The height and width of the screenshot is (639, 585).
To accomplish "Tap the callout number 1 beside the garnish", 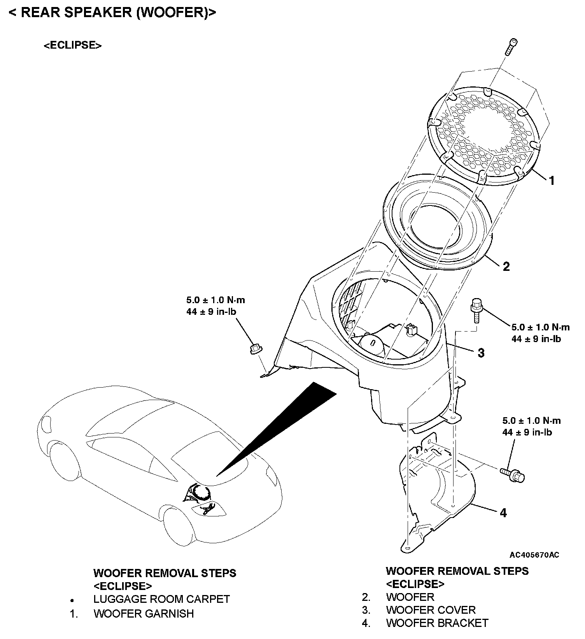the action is (x=551, y=181).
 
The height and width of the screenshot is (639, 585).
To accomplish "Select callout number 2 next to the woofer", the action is (x=506, y=267).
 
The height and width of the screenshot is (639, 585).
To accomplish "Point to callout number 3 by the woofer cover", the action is (x=481, y=353).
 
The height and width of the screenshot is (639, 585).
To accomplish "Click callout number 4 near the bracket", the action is (x=503, y=513).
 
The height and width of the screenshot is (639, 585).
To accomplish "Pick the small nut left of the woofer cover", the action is (x=256, y=349).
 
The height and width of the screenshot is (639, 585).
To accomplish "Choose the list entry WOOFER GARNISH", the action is (x=144, y=614).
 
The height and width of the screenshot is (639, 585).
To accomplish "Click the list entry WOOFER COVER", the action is (x=431, y=610).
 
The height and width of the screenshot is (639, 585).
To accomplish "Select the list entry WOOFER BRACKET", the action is (x=437, y=623).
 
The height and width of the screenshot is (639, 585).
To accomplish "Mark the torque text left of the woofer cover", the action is (x=215, y=305).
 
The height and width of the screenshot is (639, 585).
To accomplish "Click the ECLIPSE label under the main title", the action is (x=72, y=45).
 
